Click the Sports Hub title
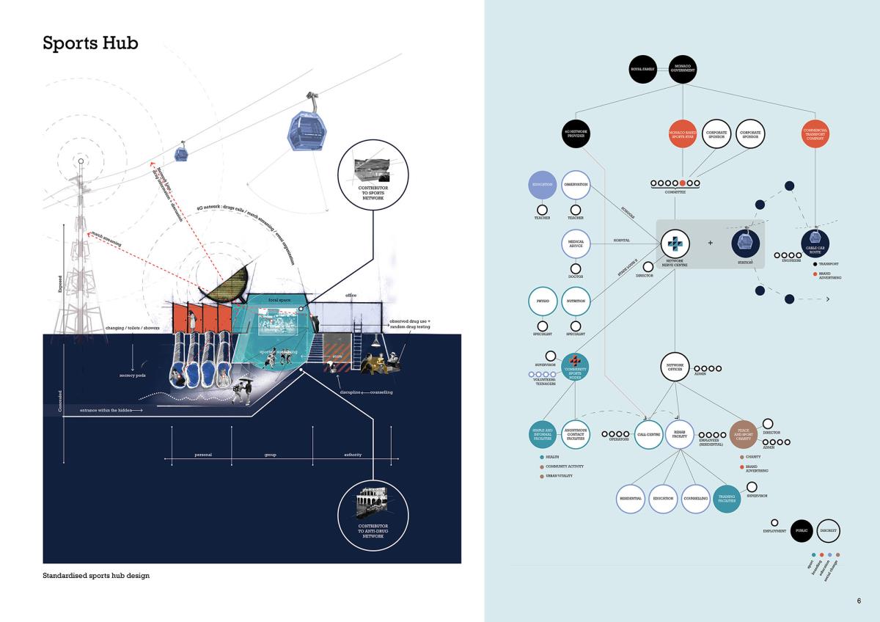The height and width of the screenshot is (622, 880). click(90, 43)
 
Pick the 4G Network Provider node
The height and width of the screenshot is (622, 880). click(576, 133)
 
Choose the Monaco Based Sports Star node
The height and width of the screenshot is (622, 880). click(683, 133)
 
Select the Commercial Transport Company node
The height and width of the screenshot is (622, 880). click(815, 133)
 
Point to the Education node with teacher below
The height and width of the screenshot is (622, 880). click(543, 186)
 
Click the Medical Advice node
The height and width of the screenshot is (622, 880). click(576, 244)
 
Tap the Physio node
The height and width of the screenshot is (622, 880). click(543, 301)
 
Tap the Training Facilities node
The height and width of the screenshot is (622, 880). click(726, 498)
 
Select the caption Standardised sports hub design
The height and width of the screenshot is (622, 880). click(96, 576)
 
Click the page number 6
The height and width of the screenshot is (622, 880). click(859, 601)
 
